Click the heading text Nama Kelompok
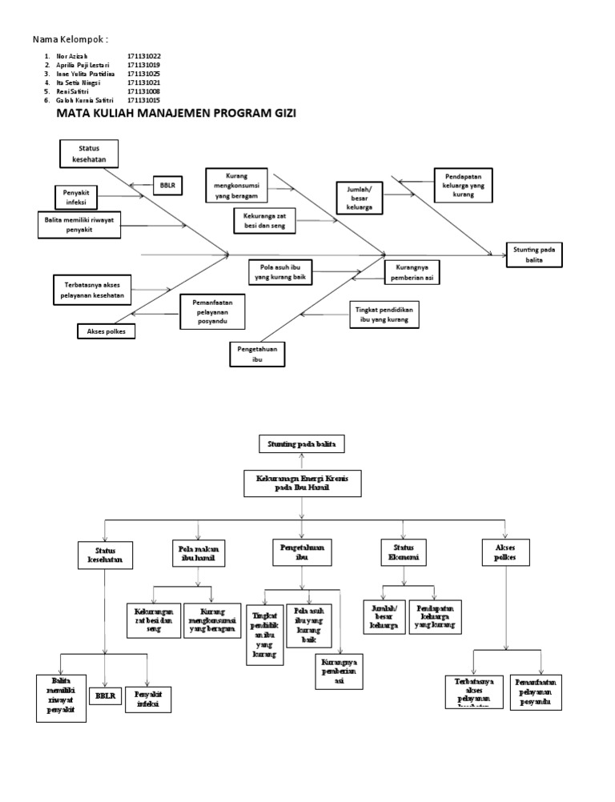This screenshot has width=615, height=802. tap(70, 39)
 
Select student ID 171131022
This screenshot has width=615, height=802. tap(143, 56)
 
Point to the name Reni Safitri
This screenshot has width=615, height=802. tap(74, 91)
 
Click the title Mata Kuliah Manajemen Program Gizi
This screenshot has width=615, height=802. tap(176, 114)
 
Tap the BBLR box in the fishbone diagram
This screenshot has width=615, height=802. tap(168, 186)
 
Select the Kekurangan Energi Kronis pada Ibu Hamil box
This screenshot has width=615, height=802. tap(302, 483)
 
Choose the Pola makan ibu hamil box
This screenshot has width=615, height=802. tap(197, 551)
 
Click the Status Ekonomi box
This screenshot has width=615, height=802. tap(402, 552)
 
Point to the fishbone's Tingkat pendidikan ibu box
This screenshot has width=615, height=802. tap(384, 315)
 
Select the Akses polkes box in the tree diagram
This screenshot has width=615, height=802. tap(506, 551)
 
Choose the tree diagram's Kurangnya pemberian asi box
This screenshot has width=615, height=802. tap(339, 671)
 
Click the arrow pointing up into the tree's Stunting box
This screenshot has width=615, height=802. tap(302, 460)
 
